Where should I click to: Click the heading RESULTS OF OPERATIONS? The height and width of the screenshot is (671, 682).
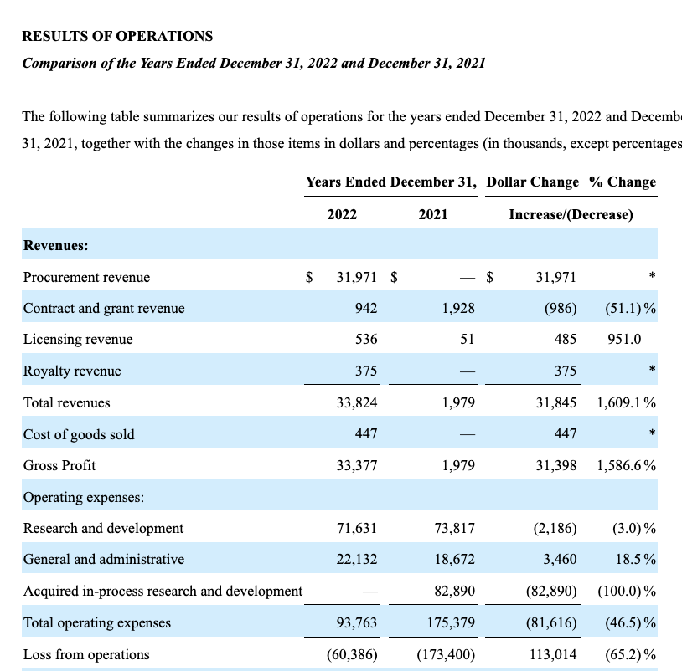pos(117,36)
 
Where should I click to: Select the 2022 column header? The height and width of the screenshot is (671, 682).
pos(342,214)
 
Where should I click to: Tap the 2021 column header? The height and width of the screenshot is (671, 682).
pos(432,214)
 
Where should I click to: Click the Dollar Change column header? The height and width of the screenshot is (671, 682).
pos(532,182)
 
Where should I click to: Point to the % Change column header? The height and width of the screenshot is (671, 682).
pos(623,182)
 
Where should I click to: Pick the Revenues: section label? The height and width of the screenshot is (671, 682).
pos(56,245)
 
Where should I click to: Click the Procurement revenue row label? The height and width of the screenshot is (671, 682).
pos(86,277)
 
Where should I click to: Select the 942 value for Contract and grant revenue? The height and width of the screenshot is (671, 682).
pos(365,308)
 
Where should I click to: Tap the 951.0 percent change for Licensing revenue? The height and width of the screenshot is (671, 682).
pos(624,339)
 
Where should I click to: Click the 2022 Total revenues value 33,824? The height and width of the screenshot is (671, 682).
pos(357,402)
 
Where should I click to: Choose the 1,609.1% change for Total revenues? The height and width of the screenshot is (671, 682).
pos(626,402)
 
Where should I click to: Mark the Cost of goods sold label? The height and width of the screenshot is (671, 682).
pos(79,434)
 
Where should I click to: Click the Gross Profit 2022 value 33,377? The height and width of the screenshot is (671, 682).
pos(357,465)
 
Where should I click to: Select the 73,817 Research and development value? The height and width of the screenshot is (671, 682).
pos(454,528)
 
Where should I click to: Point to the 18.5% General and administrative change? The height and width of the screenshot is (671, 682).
pos(634,559)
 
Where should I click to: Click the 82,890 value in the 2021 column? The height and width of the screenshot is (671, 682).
pos(454,591)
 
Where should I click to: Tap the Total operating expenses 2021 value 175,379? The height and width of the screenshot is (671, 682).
pos(451,622)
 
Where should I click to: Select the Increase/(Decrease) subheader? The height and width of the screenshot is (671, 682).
pos(571,214)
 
